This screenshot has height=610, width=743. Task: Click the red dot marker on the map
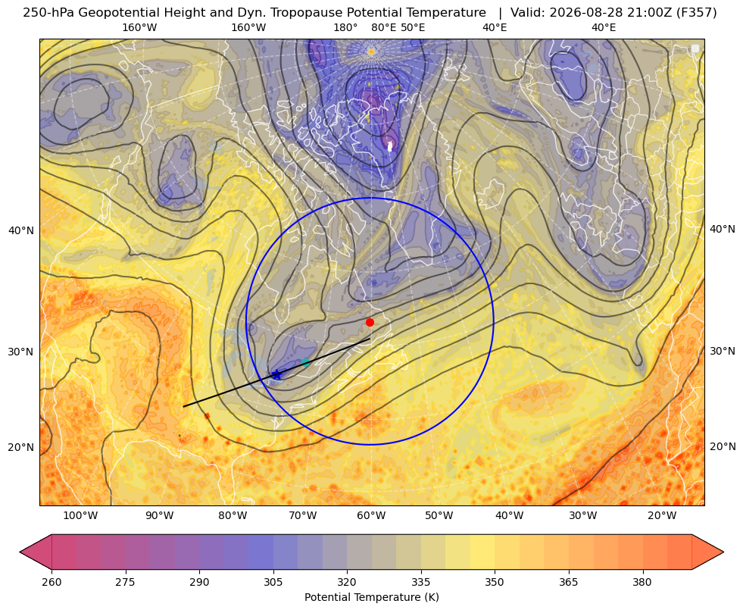coord(370,322)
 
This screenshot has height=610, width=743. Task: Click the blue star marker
coord(276,375)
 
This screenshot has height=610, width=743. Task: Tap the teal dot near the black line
coord(306,363)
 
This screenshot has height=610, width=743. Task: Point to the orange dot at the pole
coord(371,52)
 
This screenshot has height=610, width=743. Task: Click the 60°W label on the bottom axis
coord(371,515)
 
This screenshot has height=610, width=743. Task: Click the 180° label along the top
coord(345,27)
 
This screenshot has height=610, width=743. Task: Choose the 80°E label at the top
coord(384,27)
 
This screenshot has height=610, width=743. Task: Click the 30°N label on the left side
coord(21,352)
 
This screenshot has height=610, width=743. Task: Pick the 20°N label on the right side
coord(723,446)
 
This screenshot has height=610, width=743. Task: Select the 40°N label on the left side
coord(21,230)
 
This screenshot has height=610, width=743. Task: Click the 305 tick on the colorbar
coord(273,581)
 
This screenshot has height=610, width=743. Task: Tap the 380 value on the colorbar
coord(642,581)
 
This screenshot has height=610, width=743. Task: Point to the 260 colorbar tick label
coord(52,581)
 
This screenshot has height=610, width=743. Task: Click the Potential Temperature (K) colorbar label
coord(371,597)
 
